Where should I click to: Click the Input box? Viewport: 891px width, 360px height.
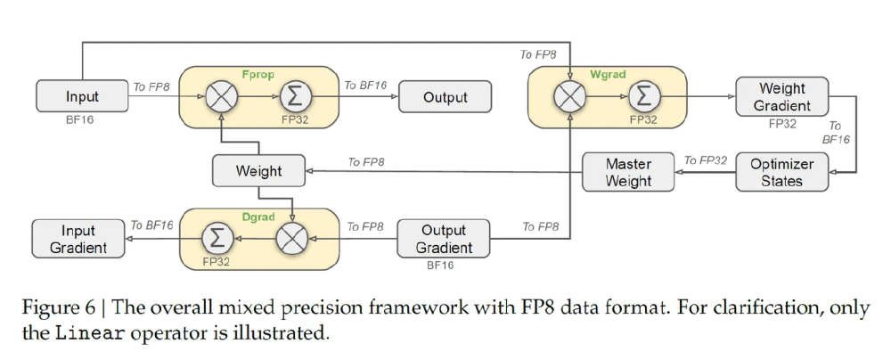(82, 96)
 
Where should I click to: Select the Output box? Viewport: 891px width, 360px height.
(445, 96)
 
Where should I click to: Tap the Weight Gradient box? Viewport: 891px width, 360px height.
(782, 96)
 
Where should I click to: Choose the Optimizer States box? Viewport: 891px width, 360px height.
(782, 172)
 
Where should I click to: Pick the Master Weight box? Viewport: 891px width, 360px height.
(628, 172)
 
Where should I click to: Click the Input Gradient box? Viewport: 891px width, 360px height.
(78, 239)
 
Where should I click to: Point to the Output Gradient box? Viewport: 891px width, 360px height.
(443, 239)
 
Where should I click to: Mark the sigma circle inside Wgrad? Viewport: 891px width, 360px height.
(644, 96)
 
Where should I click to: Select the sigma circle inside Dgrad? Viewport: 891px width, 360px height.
(218, 238)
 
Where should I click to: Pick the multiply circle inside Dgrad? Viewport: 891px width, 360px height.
(292, 238)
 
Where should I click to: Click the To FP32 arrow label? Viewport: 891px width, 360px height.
(706, 160)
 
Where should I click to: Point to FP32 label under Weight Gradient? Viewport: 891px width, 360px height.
(782, 124)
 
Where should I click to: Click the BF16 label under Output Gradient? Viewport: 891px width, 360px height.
(440, 265)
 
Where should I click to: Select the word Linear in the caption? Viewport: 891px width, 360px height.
(92, 333)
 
